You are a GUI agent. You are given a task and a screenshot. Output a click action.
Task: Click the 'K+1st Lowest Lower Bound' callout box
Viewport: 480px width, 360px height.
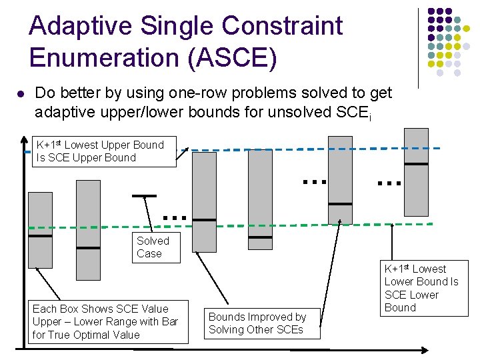[x=425, y=288]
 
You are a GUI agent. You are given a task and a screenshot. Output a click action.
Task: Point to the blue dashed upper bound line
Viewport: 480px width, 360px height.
[x=267, y=149]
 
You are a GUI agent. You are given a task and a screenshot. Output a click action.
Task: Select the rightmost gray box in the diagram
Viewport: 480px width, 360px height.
[x=416, y=176]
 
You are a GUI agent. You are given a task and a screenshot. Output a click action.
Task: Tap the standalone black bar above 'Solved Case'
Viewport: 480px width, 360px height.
[x=144, y=196]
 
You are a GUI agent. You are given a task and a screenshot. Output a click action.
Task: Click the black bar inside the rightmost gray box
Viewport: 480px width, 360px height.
[x=416, y=163]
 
